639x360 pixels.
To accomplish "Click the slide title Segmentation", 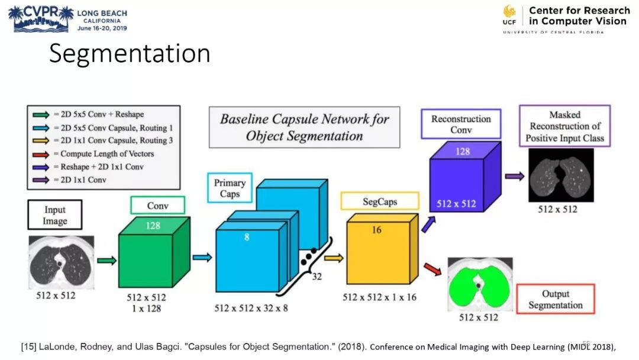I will click(130, 53).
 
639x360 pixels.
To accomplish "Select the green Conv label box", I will click(157, 205).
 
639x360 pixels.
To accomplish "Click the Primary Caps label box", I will click(230, 188).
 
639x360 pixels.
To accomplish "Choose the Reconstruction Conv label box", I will click(461, 124).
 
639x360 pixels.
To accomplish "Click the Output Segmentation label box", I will click(555, 300).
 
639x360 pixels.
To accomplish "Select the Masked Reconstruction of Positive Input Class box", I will click(564, 126).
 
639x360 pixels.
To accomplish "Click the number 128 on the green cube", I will click(154, 226).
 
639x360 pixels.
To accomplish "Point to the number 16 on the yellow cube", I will click(376, 230).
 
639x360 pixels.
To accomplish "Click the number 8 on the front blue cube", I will click(247, 237).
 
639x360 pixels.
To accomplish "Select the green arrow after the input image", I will click(106, 259).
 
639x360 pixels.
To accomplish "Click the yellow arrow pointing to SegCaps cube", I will click(334, 258).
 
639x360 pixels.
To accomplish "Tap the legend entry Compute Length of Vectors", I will click(106, 154).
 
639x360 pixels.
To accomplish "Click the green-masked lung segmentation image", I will click(480, 284).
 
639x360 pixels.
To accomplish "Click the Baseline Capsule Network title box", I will click(304, 127).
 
